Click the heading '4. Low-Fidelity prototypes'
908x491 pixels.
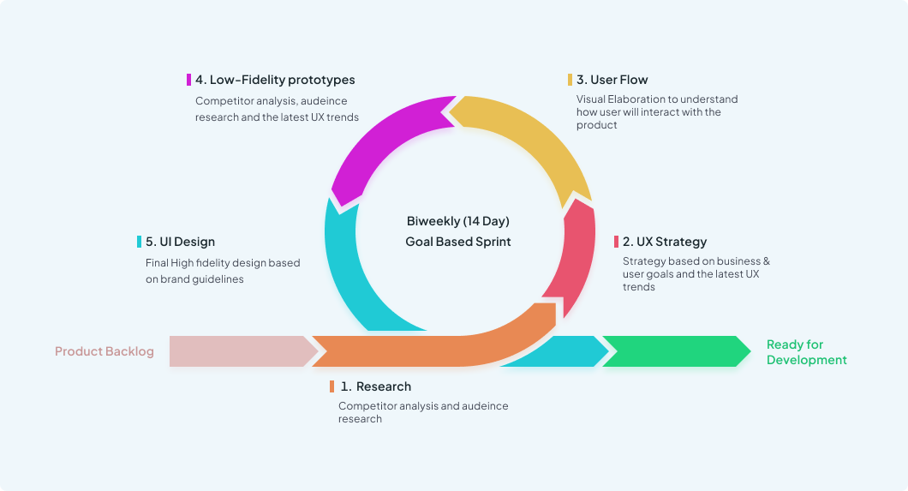point(275,80)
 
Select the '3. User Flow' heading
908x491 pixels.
point(612,80)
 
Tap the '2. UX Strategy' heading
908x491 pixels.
point(665,242)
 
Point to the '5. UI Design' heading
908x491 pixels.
point(180,242)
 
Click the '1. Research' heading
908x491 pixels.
point(376,386)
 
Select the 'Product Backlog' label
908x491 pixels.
point(105,351)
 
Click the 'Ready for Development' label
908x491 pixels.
point(807,352)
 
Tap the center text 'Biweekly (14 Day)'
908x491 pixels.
point(458,221)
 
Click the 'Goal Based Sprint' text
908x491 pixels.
point(458,242)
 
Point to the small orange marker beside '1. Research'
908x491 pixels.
point(332,386)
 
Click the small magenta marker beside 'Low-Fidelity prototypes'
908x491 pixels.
point(188,80)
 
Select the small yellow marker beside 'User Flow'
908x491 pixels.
point(570,80)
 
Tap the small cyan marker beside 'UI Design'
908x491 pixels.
point(139,242)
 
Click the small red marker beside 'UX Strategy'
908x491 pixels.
point(616,242)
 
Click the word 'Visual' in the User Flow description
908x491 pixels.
point(591,99)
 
